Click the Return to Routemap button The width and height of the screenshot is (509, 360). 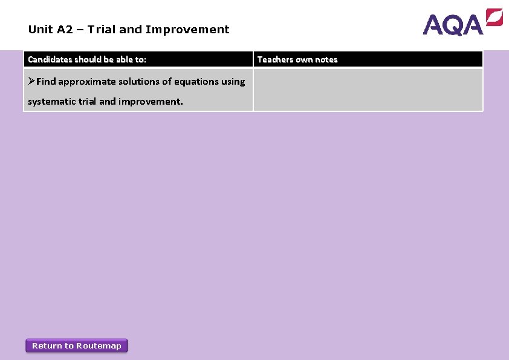77,345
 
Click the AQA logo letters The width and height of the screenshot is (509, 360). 453,25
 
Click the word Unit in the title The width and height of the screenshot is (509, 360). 39,29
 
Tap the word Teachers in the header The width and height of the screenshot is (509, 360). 275,59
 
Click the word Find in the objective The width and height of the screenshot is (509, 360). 46,81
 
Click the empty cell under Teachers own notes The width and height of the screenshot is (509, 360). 368,90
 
